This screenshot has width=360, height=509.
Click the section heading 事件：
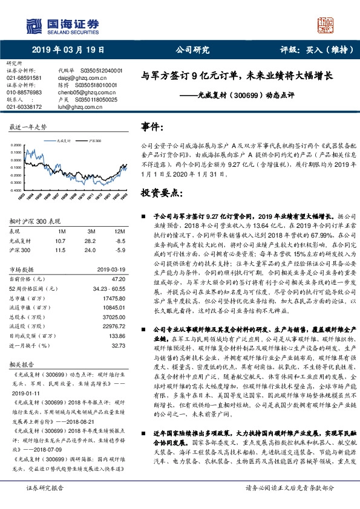point(153,128)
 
